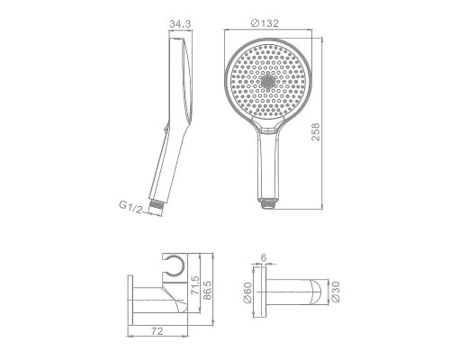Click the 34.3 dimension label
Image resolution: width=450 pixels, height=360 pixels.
(x=180, y=23)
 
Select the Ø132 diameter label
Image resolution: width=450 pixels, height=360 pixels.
(x=265, y=23)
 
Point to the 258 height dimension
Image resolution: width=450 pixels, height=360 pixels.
(x=316, y=131)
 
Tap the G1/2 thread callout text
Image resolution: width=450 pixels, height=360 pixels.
(x=130, y=207)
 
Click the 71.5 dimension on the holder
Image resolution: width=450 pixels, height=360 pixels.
(x=195, y=285)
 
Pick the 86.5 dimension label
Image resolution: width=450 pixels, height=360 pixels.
(x=207, y=290)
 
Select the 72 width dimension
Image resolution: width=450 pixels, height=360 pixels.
(x=157, y=331)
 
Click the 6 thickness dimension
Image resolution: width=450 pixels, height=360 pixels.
(x=264, y=257)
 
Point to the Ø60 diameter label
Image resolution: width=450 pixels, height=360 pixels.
(x=248, y=293)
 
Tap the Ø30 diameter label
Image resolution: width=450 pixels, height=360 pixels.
(x=335, y=292)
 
